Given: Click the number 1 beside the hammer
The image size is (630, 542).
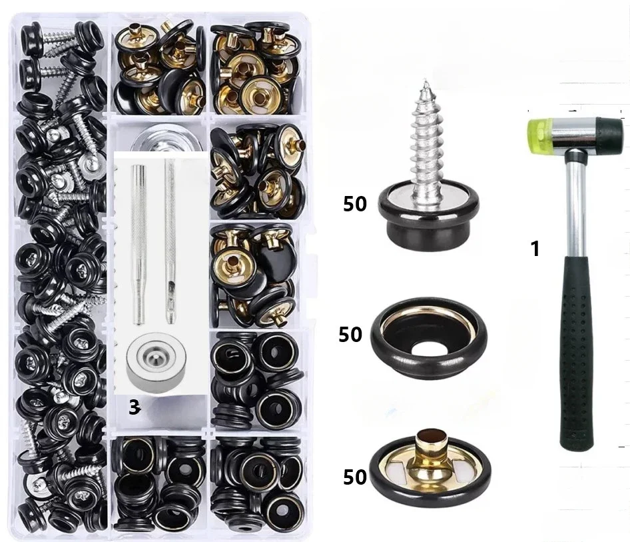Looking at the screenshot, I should pyautogui.click(x=534, y=249).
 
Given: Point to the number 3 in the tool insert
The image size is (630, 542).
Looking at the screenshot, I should pyautogui.click(x=134, y=408).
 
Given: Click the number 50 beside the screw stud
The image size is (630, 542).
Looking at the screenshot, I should pyautogui.click(x=355, y=204).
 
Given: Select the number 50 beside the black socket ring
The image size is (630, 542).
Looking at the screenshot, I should pyautogui.click(x=350, y=334).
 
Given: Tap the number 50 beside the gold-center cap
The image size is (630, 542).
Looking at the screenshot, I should pyautogui.click(x=355, y=477).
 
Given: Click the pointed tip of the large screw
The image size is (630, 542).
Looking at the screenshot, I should pyautogui.click(x=423, y=83).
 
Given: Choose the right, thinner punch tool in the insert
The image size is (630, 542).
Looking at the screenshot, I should pyautogui.click(x=170, y=240).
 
